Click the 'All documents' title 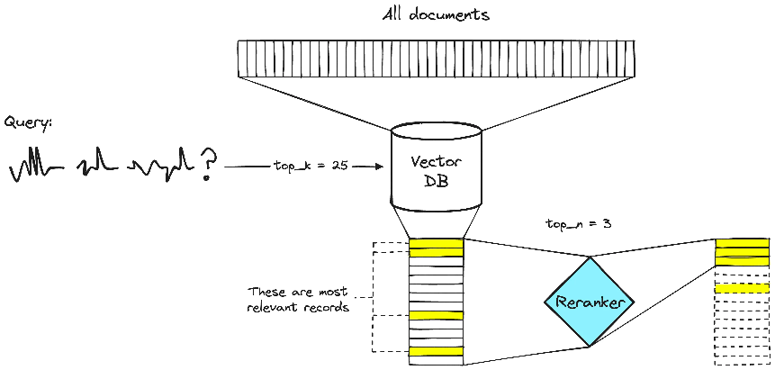pyautogui.click(x=436, y=15)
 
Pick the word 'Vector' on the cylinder pyautogui.click(x=436, y=162)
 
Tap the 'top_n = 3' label pyautogui.click(x=579, y=222)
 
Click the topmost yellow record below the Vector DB pyautogui.click(x=437, y=248)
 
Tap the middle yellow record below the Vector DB pyautogui.click(x=437, y=316)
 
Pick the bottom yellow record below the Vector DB pyautogui.click(x=437, y=350)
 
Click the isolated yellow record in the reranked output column pyautogui.click(x=743, y=288)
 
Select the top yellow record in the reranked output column pyautogui.click(x=743, y=243)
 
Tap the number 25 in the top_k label pyautogui.click(x=339, y=167)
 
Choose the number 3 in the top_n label pyautogui.click(x=608, y=222)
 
